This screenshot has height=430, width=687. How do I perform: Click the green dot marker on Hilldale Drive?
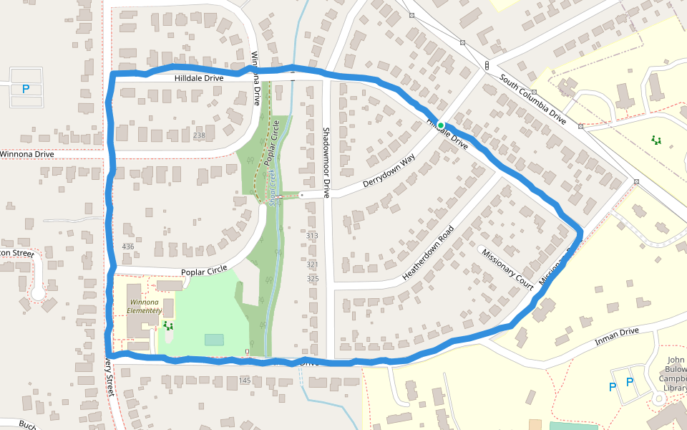[442, 125]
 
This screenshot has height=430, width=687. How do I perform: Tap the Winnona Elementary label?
[146, 307]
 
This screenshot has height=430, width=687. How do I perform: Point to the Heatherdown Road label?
[428, 253]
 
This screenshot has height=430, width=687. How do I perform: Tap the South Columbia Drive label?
[533, 100]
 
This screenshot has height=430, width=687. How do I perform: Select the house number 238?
[199, 135]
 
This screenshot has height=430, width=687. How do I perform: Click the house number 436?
[128, 247]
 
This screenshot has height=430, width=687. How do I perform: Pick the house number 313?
[312, 236]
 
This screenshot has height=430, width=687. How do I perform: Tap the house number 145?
[245, 380]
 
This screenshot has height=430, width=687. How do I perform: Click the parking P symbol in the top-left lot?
[26, 90]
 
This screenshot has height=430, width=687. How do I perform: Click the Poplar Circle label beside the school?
[204, 272]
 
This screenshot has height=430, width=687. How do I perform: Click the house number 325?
[313, 278]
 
